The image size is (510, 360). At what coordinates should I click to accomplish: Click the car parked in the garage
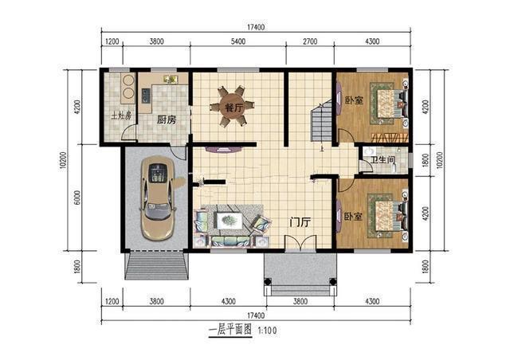click(158, 198)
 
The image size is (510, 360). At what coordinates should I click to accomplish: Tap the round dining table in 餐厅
click(232, 107)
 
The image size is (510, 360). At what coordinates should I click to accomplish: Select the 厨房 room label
click(167, 120)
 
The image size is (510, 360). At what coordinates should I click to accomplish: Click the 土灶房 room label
click(121, 115)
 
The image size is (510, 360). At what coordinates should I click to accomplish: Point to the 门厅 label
click(300, 222)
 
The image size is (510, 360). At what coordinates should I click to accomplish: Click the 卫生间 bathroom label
click(383, 159)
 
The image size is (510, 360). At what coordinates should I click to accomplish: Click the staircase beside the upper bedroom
click(321, 122)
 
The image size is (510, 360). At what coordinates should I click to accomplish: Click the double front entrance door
click(300, 243)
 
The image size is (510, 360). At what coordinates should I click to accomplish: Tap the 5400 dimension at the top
click(238, 41)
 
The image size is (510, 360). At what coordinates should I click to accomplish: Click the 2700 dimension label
click(310, 41)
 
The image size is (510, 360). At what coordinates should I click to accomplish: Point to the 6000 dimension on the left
click(77, 198)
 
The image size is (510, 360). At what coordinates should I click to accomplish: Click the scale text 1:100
click(268, 331)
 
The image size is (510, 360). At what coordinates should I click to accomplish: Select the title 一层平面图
click(230, 331)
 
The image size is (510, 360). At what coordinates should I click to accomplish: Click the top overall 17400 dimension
click(256, 27)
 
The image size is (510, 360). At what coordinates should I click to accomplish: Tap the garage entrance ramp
click(157, 266)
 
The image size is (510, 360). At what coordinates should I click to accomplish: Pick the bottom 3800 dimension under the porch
click(300, 302)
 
